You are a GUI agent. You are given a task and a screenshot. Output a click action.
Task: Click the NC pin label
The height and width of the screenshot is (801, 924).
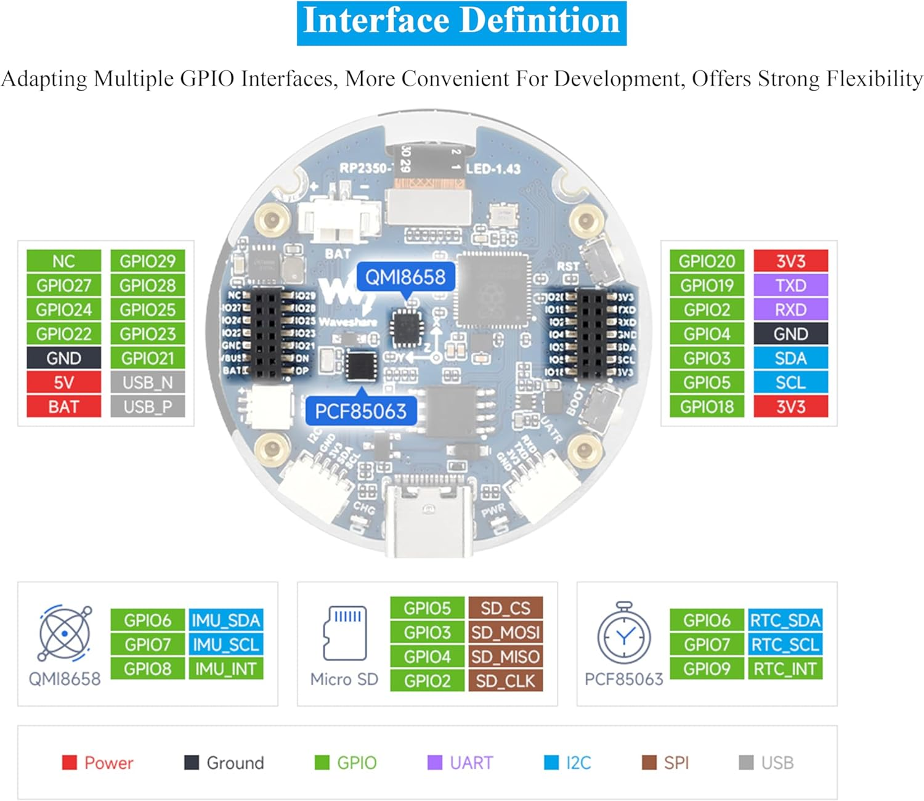point(63,261)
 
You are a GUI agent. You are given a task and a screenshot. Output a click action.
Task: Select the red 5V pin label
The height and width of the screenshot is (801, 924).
point(63,383)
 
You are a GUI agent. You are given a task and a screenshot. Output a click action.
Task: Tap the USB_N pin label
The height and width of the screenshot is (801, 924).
point(147,383)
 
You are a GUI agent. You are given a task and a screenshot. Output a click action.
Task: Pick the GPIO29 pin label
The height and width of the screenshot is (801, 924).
point(147,261)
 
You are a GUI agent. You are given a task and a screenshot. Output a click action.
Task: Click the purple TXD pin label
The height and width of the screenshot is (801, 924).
point(790,285)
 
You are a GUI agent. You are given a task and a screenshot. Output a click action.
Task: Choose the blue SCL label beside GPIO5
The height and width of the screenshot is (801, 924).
point(790,383)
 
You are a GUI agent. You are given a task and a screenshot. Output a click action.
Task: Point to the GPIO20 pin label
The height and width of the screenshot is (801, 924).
point(707,261)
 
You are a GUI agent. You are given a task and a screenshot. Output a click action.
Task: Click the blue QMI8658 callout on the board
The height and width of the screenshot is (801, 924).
point(405,277)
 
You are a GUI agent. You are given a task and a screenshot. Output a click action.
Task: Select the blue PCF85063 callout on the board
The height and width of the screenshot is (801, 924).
point(361,411)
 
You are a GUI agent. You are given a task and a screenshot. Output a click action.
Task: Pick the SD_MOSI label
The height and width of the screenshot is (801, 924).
point(505,633)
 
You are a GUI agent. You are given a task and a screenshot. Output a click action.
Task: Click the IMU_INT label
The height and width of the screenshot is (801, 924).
point(225,669)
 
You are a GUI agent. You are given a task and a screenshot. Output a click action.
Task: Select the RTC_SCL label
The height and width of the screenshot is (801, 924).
point(785,645)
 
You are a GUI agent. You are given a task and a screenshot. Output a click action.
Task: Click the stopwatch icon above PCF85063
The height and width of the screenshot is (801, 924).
point(623,635)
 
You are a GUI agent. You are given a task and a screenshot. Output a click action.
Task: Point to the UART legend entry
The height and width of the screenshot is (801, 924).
point(460,763)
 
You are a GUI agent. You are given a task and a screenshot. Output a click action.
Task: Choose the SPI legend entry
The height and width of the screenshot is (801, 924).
point(665,763)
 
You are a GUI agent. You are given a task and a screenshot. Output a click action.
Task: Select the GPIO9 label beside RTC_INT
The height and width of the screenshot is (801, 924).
point(707,669)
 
